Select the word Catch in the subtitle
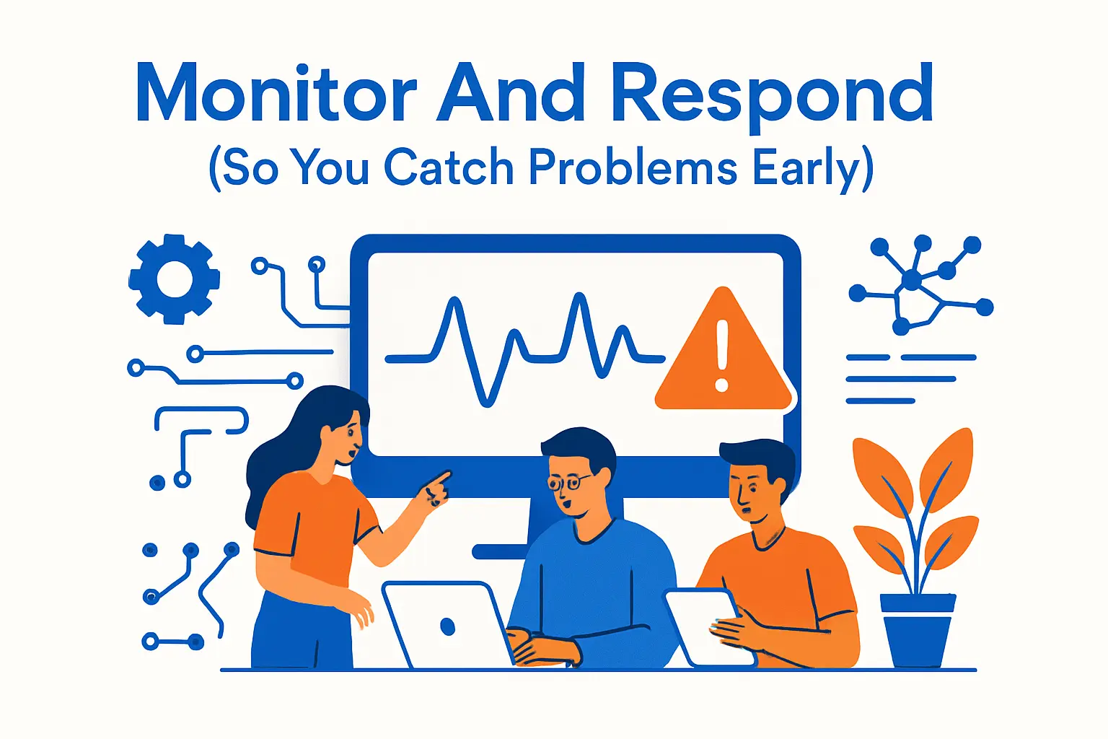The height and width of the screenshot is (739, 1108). (x=448, y=167)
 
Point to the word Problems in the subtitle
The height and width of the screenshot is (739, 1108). (x=633, y=167)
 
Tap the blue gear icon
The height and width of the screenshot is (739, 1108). (x=174, y=279)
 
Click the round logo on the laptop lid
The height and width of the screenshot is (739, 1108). (x=447, y=626)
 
